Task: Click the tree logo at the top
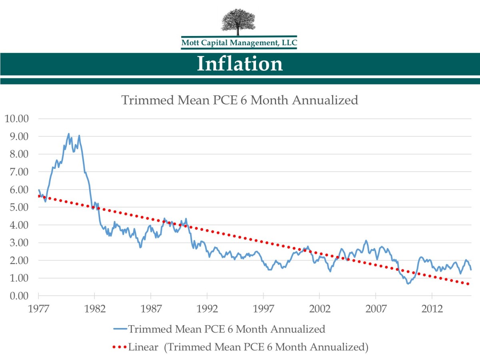239,22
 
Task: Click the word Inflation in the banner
240,64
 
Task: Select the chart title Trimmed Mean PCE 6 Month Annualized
240,100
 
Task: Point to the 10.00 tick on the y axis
16,118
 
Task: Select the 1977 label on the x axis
39,309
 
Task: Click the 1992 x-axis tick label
207,309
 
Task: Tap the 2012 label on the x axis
432,309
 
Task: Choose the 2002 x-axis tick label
320,309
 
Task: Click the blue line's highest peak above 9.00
69,134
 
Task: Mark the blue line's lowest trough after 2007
408,284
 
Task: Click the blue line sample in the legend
120,329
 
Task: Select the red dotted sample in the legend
120,346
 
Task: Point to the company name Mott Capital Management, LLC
239,42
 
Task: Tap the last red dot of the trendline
468,284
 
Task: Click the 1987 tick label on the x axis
151,309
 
